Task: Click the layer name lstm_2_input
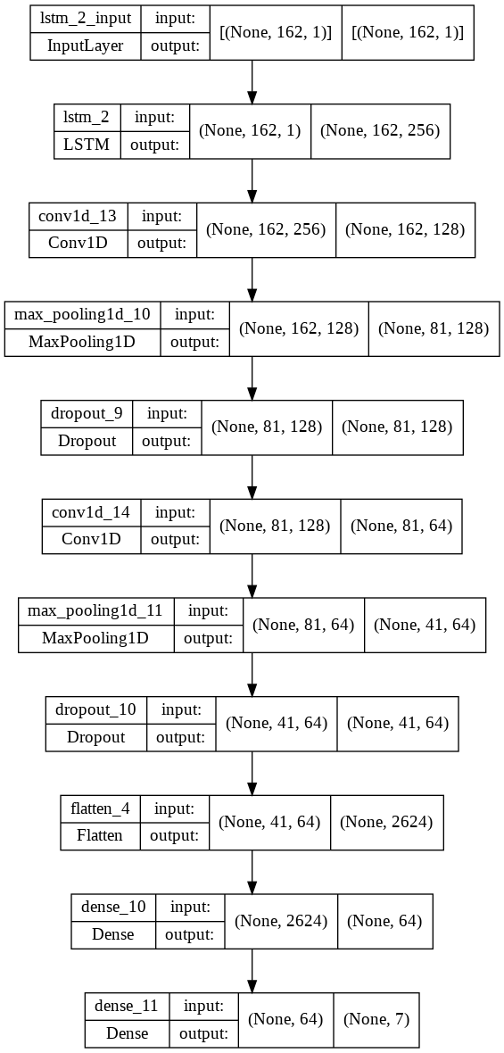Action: click(x=86, y=19)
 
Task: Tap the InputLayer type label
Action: click(x=86, y=45)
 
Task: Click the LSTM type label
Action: click(x=87, y=144)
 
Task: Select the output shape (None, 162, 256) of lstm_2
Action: click(x=379, y=131)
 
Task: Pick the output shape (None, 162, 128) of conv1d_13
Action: click(x=405, y=229)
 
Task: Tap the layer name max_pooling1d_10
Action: click(x=82, y=315)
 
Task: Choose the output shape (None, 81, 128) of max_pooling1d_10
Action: click(x=434, y=328)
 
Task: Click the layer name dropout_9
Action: click(x=87, y=414)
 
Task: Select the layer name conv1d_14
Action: click(x=92, y=512)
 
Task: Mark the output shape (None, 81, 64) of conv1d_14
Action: click(x=401, y=526)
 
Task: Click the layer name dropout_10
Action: click(x=95, y=709)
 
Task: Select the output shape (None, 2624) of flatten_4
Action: click(x=386, y=822)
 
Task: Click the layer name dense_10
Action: click(x=113, y=908)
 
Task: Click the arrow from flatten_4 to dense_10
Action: click(x=252, y=871)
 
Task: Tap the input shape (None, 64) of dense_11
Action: click(x=285, y=1019)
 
